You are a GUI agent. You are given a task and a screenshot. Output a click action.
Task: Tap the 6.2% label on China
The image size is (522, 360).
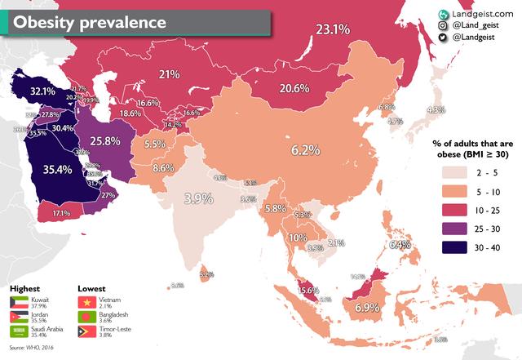click(307, 150)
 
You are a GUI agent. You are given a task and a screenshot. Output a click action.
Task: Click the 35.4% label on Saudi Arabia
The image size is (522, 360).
click(58, 170)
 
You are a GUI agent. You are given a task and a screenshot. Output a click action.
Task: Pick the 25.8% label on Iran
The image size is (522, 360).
click(104, 140)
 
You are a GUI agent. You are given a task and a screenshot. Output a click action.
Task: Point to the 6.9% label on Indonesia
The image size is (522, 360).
click(368, 308)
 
